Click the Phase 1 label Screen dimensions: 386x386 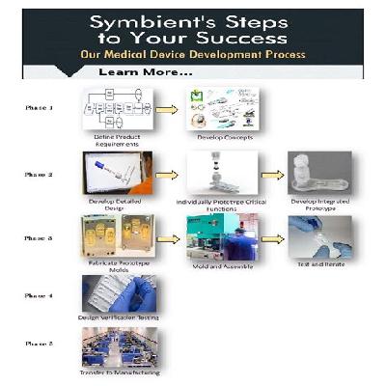click(39, 108)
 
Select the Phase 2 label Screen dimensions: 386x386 click(39, 174)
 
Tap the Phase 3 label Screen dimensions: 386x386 click(39, 237)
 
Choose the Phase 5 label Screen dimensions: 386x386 click(39, 342)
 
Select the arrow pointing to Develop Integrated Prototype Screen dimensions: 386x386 click(269, 176)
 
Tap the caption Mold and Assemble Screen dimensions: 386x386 click(219, 269)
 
